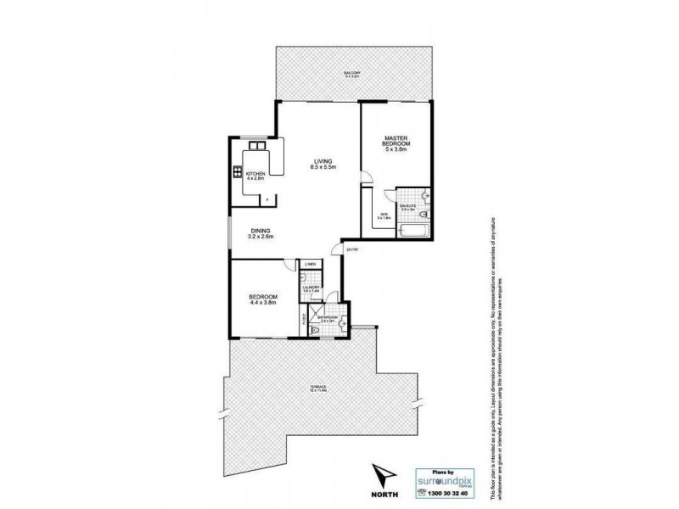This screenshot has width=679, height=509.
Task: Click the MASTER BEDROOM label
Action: coord(396,143)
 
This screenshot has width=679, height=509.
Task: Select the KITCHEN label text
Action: coord(256,176)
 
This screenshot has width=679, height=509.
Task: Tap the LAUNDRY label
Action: coord(311,288)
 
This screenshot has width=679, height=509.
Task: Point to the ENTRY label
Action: coord(351,249)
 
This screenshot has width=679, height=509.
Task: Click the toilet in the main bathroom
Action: coord(316,329)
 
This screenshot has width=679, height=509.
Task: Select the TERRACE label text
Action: coord(320,389)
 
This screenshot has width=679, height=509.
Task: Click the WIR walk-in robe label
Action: coord(384,215)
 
